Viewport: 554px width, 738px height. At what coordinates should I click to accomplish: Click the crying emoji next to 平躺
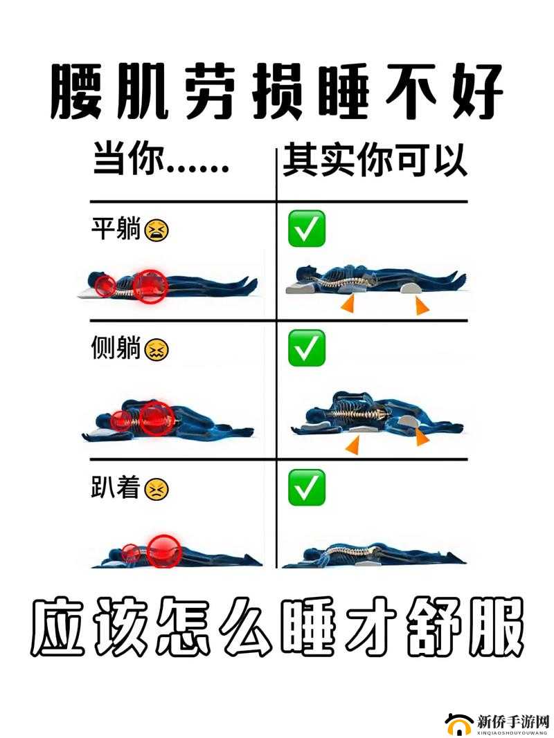tap(157, 230)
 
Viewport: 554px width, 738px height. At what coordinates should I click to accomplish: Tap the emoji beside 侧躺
tap(157, 351)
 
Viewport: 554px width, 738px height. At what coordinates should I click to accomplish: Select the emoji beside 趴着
tap(157, 490)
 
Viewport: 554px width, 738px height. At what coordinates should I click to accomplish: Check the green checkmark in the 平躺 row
tap(307, 229)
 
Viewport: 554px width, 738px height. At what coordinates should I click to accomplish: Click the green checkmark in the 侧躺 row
tap(307, 349)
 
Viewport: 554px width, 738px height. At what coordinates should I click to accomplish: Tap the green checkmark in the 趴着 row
tap(307, 488)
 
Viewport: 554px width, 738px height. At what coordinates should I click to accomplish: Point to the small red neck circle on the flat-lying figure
tap(106, 285)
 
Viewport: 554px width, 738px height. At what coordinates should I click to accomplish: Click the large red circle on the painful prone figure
tap(164, 550)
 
